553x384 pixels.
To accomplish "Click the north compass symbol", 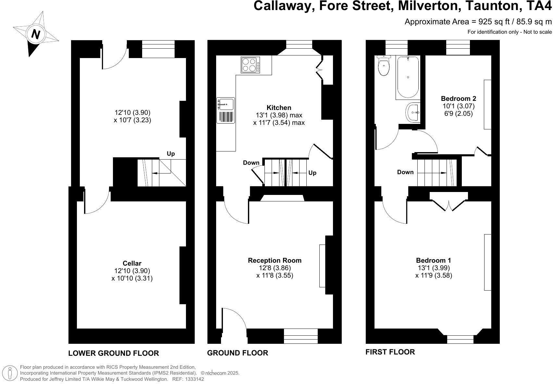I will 35,34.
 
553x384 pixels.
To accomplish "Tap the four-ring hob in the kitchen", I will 250,65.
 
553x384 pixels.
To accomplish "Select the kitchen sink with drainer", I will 226,110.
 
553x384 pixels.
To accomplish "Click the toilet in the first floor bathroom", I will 384,66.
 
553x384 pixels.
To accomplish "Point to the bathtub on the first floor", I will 408,78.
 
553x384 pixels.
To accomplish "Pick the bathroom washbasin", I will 413,112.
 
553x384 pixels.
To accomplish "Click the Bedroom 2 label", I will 458,99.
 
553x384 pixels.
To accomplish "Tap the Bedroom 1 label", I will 433,260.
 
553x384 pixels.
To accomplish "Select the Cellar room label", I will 132,263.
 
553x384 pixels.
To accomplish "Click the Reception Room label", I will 275,260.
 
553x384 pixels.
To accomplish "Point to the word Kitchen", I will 279,107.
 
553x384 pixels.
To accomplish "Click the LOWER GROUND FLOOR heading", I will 114,353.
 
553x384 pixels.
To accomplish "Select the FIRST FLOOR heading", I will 390,352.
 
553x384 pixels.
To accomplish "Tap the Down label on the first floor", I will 405,172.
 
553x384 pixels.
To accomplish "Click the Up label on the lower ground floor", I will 171,154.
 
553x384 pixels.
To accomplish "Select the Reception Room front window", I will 301,336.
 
